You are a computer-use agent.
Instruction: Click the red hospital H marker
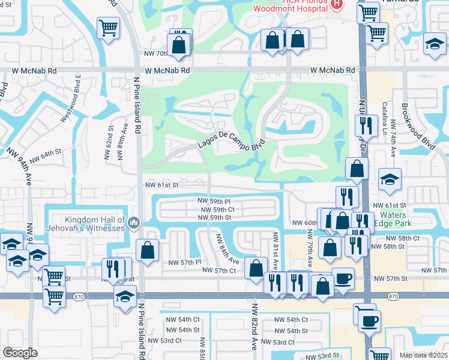coord(337,4)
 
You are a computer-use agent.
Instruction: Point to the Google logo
coord(20,353)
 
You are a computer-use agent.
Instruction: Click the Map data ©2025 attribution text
coord(424,355)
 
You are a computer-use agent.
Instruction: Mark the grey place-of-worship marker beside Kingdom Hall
coord(133,224)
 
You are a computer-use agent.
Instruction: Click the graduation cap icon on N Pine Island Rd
coord(125,296)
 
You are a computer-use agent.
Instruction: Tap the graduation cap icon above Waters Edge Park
coord(390,179)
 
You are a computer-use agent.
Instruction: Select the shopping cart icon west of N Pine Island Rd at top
coord(108,27)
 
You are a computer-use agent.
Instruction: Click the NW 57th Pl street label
coord(184,263)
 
